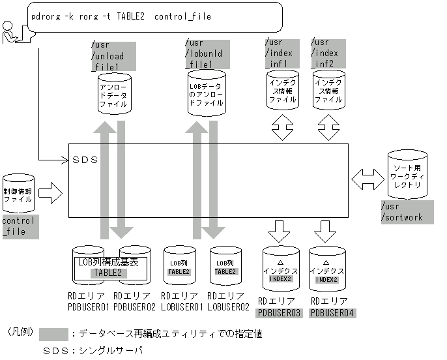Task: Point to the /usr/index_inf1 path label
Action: click(281, 53)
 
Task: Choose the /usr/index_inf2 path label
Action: click(328, 53)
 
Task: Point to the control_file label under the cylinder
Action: click(20, 226)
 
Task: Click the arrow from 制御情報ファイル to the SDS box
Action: click(51, 193)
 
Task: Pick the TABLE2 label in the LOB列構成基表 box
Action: click(109, 273)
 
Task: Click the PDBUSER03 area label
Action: click(279, 312)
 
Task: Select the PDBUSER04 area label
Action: click(333, 312)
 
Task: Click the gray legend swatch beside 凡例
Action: click(54, 334)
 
